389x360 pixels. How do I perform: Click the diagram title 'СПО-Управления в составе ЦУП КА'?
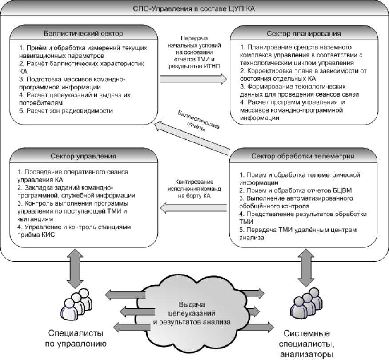[x=195, y=8]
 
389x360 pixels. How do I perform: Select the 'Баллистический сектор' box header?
[x=83, y=33]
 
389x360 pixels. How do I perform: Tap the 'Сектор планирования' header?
[x=304, y=33]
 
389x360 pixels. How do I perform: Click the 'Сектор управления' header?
[x=83, y=156]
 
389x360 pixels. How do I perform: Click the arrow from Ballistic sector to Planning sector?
[x=193, y=79]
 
